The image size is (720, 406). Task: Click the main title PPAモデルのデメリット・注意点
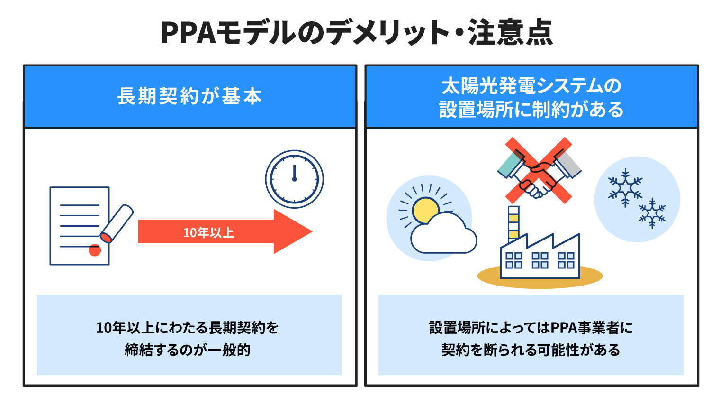(357, 32)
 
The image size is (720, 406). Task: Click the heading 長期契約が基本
(189, 96)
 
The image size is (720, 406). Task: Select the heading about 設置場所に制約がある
(531, 98)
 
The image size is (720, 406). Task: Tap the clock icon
(295, 179)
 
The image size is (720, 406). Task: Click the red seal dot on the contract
(95, 250)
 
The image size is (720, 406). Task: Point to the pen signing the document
(117, 223)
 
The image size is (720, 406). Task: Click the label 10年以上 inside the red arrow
(208, 232)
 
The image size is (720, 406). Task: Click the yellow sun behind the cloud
(425, 209)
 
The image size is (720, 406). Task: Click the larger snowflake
(625, 187)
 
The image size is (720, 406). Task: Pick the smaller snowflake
(652, 213)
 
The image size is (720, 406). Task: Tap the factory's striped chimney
(513, 224)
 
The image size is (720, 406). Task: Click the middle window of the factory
(540, 260)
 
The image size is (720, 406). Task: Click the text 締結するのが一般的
(188, 350)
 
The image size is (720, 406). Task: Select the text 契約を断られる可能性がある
(531, 350)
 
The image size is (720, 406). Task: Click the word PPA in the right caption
(562, 328)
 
